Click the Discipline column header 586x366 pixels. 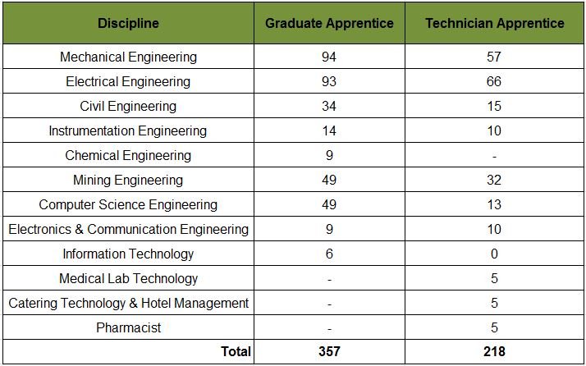tap(128, 23)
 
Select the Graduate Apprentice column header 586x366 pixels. tap(329, 23)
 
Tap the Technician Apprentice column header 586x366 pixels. tap(494, 23)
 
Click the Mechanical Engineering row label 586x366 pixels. tap(128, 57)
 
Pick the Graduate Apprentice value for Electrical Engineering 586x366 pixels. tap(329, 82)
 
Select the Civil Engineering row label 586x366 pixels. tap(128, 107)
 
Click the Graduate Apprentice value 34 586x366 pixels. tap(329, 107)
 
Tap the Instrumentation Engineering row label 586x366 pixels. tap(128, 131)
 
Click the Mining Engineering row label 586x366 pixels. tap(128, 181)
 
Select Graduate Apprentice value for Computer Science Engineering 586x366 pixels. tap(329, 205)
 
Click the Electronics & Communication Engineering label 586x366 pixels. tap(128, 230)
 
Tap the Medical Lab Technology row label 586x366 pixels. tap(128, 279)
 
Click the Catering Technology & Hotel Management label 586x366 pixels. tap(128, 304)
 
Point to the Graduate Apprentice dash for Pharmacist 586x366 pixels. tap(329, 328)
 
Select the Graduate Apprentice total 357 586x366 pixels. tap(329, 352)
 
